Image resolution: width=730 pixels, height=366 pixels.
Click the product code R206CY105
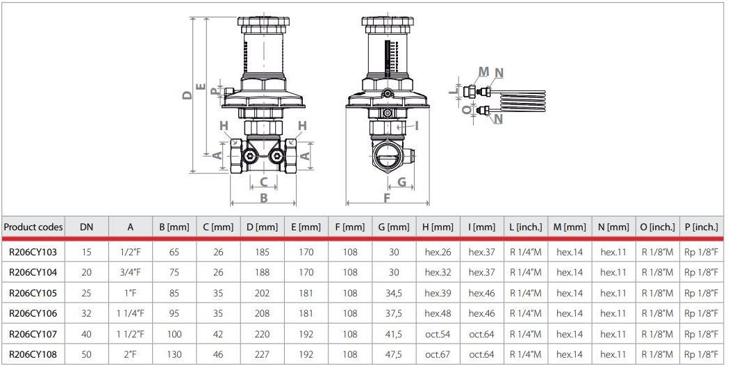(33, 293)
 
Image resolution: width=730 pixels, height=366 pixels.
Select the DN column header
(87, 227)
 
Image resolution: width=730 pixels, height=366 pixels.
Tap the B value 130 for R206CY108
(174, 355)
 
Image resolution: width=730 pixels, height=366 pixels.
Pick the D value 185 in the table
(262, 253)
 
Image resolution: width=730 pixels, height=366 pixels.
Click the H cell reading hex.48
(438, 314)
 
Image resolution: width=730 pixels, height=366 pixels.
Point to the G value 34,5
(394, 293)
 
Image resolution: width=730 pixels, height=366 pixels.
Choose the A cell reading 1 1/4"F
(131, 314)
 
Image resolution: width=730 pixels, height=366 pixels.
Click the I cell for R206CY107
(482, 334)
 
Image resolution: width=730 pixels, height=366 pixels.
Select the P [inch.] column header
(701, 227)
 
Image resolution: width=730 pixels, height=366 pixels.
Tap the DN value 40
(87, 334)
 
